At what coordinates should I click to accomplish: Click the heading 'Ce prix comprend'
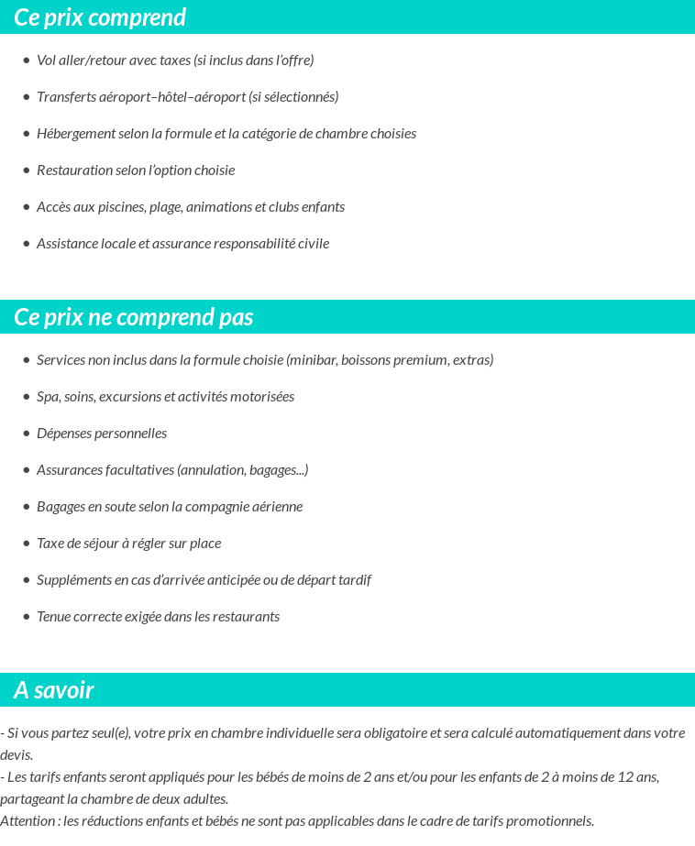click(x=100, y=17)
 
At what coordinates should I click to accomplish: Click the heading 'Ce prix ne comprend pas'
click(x=134, y=317)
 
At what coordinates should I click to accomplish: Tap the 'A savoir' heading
click(x=54, y=690)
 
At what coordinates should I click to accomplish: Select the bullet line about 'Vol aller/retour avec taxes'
click(x=175, y=60)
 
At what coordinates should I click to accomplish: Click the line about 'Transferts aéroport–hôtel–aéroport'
click(x=187, y=97)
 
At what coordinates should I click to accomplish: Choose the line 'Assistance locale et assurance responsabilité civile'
click(x=182, y=244)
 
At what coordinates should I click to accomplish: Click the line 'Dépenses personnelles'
click(x=102, y=434)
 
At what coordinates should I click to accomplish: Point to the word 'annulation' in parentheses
click(x=213, y=470)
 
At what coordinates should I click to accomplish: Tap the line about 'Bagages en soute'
click(x=170, y=507)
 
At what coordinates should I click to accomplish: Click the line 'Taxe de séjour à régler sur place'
click(x=128, y=544)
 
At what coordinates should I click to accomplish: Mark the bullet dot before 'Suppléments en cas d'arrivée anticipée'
click(x=27, y=580)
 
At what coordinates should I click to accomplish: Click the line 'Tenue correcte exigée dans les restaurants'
click(x=158, y=617)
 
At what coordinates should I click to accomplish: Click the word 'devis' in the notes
click(x=16, y=755)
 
